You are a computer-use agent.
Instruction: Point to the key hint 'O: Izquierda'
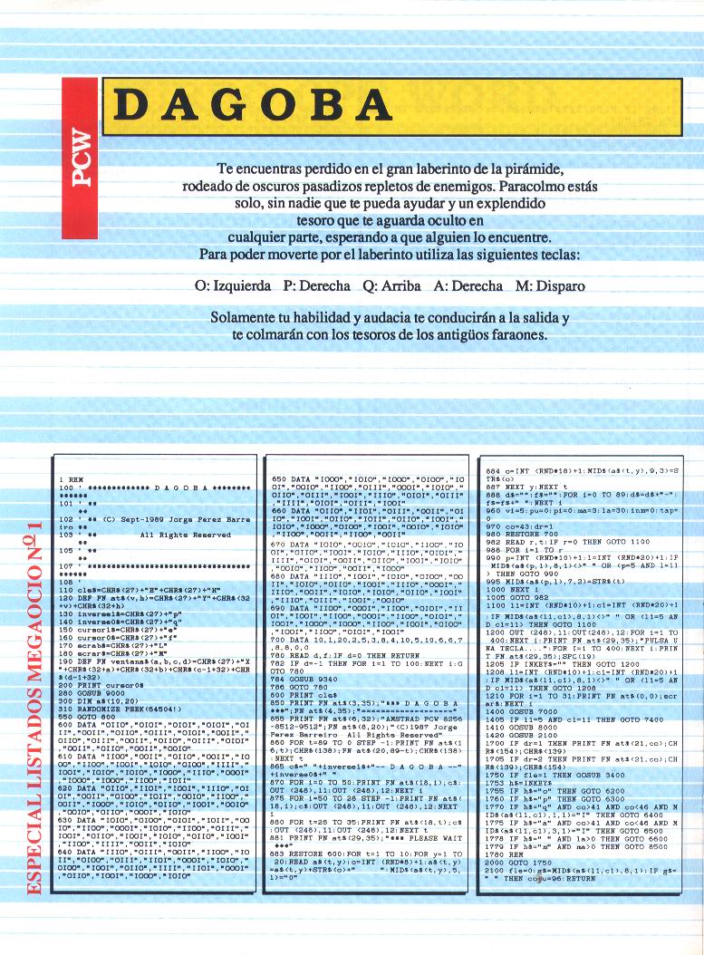click(233, 285)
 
